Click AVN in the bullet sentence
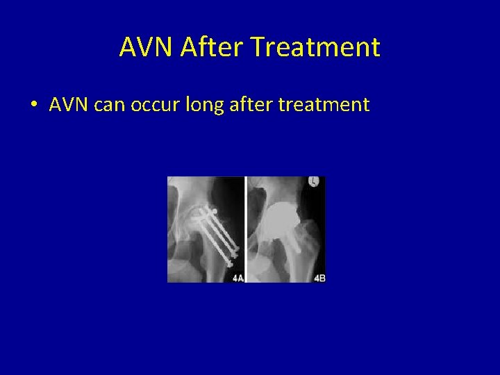[x=67, y=105]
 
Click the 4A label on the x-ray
[x=237, y=277]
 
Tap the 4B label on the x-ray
[x=319, y=277]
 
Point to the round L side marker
[x=313, y=182]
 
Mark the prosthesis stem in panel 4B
[x=292, y=240]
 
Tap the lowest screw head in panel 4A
[x=229, y=263]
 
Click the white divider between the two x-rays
[x=246, y=229]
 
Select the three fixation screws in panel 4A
[x=219, y=233]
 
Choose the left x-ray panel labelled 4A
[x=206, y=229]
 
